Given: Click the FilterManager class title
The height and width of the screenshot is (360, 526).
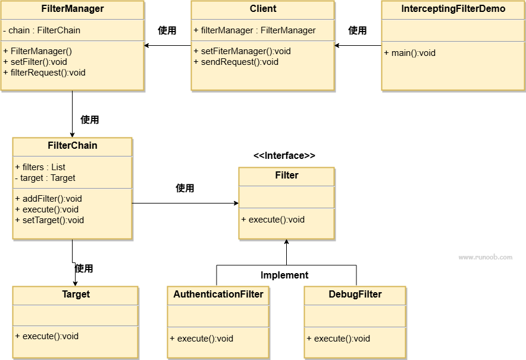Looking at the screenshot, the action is click(73, 9).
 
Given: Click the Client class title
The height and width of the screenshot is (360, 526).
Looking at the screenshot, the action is click(263, 9).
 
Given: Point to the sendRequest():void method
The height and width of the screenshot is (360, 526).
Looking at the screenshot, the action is click(236, 62).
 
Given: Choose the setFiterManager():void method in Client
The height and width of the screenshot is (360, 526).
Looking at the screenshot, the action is click(242, 51).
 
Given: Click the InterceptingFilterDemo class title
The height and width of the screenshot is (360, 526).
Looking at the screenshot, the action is click(453, 9).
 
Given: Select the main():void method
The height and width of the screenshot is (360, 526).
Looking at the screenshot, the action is click(409, 53).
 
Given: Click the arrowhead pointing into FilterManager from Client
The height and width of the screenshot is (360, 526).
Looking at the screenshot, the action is click(146, 45).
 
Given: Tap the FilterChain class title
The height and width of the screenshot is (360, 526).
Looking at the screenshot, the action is click(73, 145).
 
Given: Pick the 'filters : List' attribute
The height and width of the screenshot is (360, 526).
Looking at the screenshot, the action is click(40, 167).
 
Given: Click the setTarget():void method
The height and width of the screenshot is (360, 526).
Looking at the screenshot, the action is click(49, 220).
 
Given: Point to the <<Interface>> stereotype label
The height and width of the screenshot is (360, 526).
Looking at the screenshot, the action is click(284, 155).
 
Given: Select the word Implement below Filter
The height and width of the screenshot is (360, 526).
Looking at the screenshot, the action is click(284, 275).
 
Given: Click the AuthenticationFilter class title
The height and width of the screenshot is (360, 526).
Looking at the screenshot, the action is click(218, 294).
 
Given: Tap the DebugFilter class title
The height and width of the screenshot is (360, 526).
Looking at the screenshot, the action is click(355, 294).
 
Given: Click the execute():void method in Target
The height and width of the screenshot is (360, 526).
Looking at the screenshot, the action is click(46, 336).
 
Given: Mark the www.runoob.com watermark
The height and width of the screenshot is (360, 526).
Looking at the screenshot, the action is click(486, 257).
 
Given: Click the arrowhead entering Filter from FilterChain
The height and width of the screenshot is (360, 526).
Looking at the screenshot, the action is click(236, 203).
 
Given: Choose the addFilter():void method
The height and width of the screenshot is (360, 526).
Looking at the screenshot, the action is click(48, 199).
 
